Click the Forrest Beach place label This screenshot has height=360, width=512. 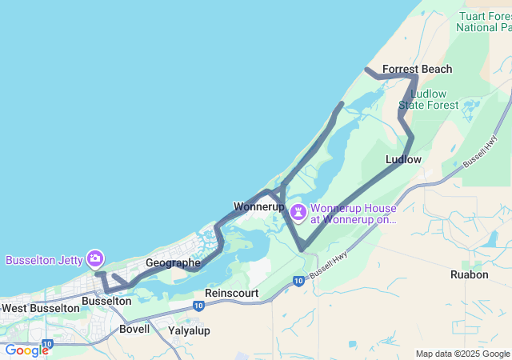(x=417, y=70)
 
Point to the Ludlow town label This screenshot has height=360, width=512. (x=403, y=159)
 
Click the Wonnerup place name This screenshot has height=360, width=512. (x=259, y=206)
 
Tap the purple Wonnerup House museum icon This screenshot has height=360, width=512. (x=298, y=212)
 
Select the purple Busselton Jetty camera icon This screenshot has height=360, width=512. (x=95, y=258)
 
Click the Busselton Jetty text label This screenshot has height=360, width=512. (x=44, y=260)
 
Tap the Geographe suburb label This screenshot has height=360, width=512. (x=173, y=262)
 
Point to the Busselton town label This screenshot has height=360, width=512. (x=106, y=301)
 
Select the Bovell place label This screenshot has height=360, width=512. (x=134, y=329)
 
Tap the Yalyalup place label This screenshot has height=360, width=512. (x=189, y=330)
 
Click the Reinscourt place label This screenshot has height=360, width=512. (x=231, y=294)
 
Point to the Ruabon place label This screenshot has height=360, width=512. (x=469, y=274)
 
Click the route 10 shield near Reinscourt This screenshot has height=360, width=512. (x=298, y=281)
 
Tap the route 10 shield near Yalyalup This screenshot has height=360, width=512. (x=198, y=306)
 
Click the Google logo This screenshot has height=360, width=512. (x=26, y=350)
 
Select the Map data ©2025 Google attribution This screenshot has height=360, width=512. (x=462, y=354)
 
